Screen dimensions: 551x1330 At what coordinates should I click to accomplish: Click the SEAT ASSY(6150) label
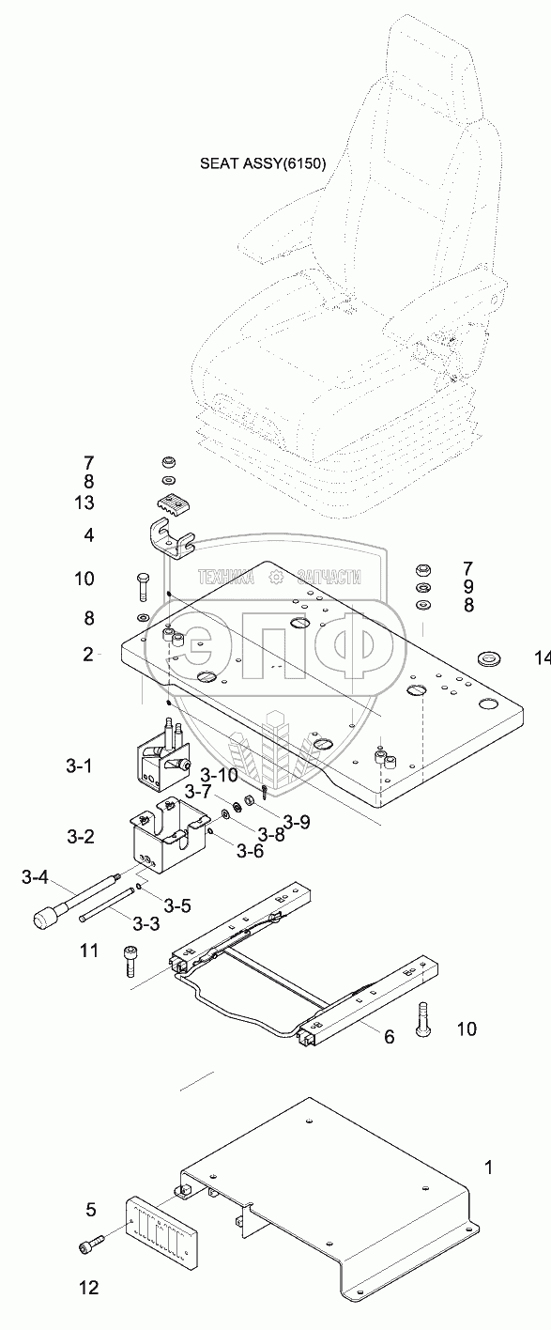263,163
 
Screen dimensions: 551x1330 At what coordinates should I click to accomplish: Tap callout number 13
84,503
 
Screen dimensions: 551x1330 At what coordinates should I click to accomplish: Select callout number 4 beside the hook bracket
89,535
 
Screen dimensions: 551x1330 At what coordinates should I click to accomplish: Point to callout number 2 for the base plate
88,655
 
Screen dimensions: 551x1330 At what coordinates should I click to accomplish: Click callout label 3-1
80,766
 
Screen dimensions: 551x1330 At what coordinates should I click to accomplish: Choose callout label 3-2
81,837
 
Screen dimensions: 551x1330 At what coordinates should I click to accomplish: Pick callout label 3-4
35,877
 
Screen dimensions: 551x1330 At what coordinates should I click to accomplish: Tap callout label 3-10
219,774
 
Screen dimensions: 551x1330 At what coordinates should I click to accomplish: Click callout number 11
89,951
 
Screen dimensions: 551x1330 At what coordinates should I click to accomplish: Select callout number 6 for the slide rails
390,1037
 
